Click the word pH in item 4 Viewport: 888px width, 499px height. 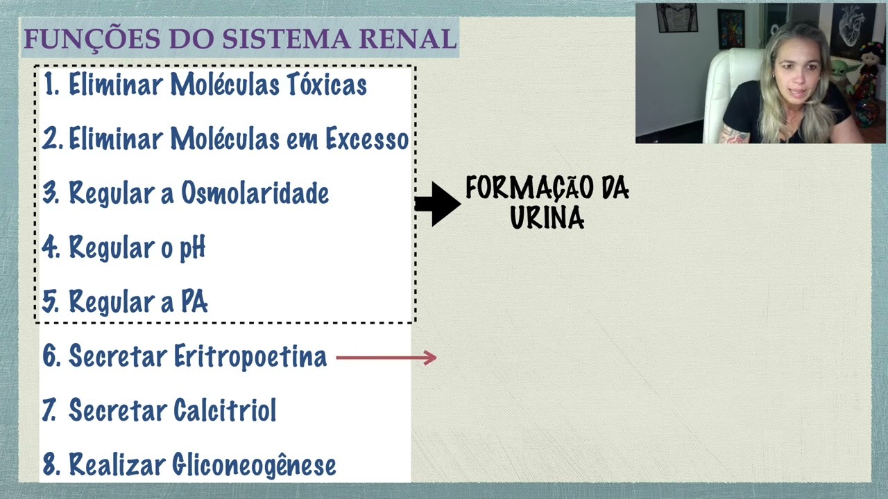point(192,247)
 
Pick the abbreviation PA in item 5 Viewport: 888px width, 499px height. point(194,302)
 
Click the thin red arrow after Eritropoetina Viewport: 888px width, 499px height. point(386,358)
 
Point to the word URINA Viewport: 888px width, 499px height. point(547,218)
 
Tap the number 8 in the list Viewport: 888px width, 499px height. point(49,465)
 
